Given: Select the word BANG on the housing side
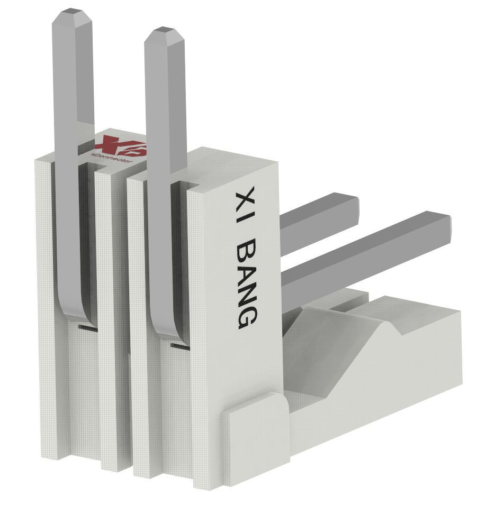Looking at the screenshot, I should (x=246, y=283).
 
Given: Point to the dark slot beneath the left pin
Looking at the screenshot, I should (x=87, y=328).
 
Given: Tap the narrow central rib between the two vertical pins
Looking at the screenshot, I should (x=114, y=317).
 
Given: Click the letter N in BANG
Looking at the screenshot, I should (x=246, y=294).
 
